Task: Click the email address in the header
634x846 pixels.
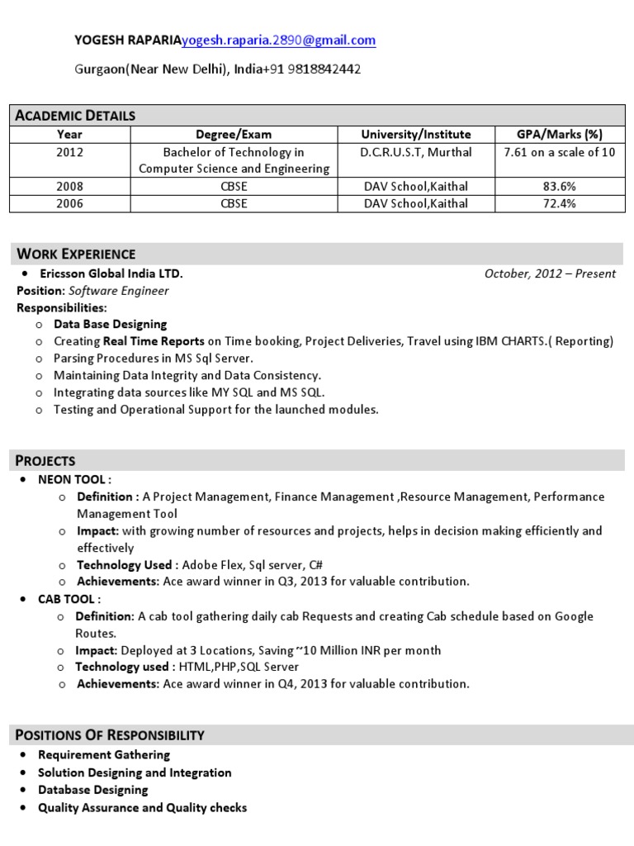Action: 278,40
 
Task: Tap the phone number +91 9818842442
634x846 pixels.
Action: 310,69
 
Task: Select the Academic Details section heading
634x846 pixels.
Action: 75,116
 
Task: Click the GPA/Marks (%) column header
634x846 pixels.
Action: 559,135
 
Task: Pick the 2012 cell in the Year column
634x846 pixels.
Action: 69,153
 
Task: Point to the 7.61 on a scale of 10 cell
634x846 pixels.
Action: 559,153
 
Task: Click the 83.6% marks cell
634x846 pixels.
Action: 559,187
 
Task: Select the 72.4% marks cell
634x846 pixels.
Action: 559,204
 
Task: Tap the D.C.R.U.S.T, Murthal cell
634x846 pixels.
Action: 416,153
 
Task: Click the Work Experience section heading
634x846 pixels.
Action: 76,254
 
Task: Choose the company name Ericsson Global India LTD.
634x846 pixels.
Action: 111,273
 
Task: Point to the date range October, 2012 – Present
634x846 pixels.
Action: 550,274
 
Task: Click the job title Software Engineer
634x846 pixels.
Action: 119,291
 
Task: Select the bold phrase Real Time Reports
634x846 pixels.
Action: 154,341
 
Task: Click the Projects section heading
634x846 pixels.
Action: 46,461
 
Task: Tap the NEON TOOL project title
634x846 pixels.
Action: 73,480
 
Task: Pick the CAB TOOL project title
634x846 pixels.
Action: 69,599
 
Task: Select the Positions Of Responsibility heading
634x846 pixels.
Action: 110,735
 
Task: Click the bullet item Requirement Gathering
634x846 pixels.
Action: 104,755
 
